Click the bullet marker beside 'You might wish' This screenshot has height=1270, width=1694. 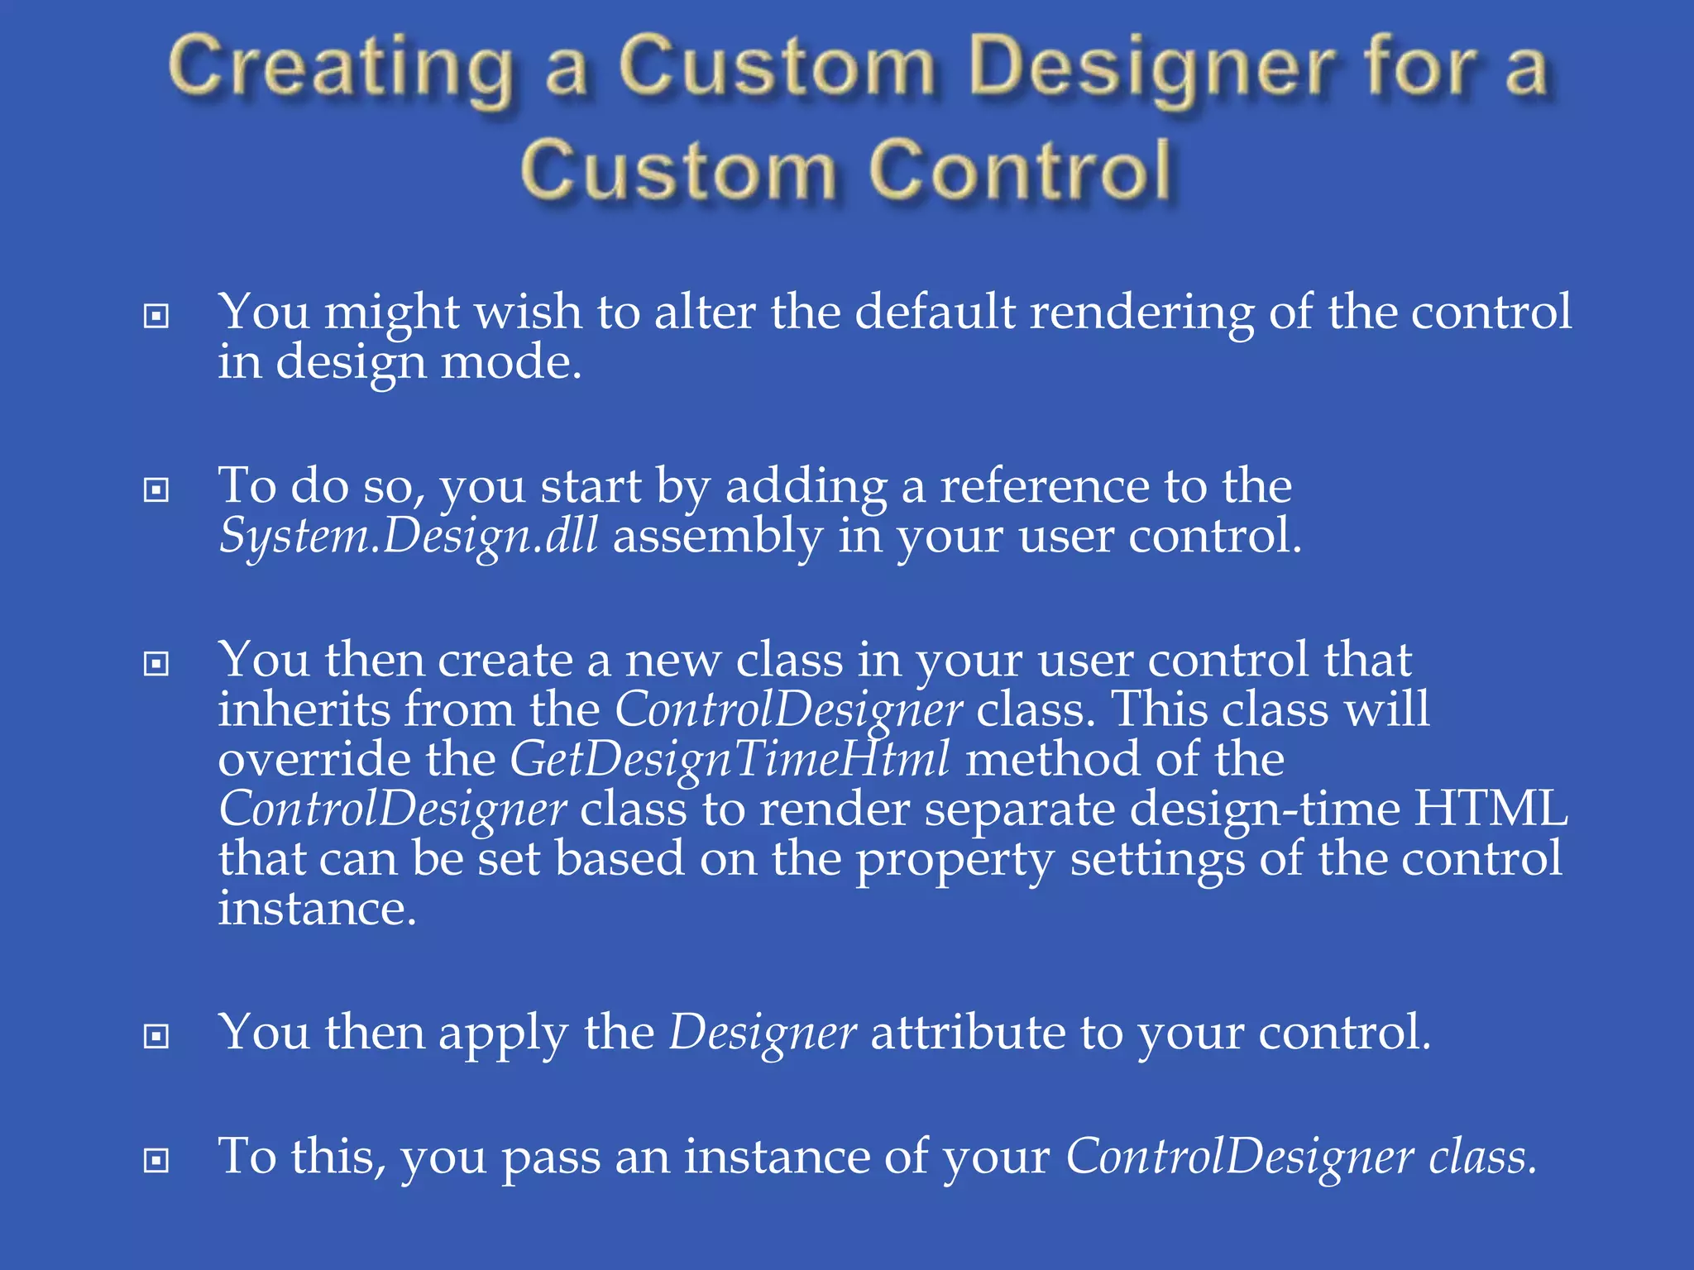[156, 316]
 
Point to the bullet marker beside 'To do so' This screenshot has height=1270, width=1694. [156, 490]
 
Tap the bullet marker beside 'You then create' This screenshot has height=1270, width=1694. [156, 664]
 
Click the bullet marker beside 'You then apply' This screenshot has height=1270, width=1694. [156, 1036]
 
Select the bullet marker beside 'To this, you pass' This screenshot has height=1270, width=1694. [156, 1161]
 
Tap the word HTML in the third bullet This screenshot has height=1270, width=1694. [1490, 809]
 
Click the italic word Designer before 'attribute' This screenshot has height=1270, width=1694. [762, 1034]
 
